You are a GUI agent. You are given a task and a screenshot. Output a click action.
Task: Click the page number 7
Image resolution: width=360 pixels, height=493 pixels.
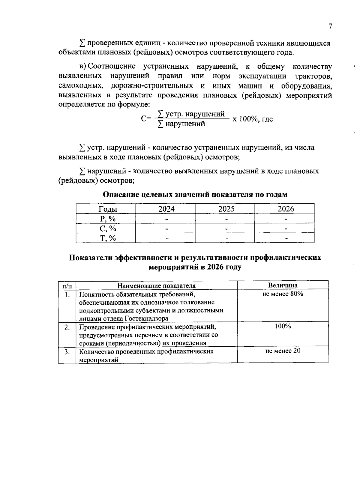(x=330, y=26)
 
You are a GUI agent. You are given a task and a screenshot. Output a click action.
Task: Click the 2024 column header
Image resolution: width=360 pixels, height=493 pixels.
(x=166, y=209)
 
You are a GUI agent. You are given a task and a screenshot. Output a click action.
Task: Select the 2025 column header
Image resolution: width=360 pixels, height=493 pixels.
(x=226, y=209)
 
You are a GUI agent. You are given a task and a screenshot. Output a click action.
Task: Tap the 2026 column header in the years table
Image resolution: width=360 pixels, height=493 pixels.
(x=286, y=209)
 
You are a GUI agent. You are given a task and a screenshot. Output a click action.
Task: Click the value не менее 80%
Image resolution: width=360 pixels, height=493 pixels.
(x=283, y=294)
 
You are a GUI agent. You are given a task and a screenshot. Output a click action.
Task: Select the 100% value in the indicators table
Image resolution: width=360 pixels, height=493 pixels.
(x=283, y=326)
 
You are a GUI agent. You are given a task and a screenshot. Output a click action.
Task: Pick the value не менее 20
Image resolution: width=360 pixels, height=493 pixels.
(x=283, y=351)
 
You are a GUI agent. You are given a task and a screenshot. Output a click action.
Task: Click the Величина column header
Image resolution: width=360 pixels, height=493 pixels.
(x=283, y=285)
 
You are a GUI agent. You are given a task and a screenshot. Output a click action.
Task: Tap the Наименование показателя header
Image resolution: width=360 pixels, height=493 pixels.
(x=156, y=285)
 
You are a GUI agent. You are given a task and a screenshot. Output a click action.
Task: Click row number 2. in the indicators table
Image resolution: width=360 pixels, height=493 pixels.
(x=67, y=327)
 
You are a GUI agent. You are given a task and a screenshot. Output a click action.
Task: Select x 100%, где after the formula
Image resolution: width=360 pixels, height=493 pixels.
(x=253, y=119)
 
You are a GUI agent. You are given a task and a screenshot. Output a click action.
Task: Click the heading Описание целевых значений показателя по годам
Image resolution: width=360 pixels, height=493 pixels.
(x=195, y=195)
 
